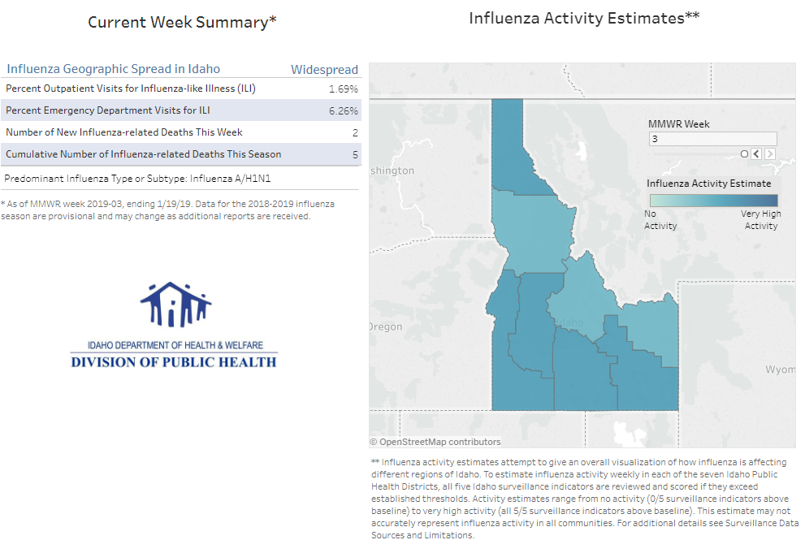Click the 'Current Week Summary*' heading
182,22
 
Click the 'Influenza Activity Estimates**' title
584,17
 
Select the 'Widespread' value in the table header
324,69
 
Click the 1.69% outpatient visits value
344,89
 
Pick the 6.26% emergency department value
344,110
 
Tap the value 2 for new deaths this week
355,132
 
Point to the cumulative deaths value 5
355,154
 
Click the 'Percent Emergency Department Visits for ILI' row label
107,110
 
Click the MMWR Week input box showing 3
712,139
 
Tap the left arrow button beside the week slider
756,153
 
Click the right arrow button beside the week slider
770,153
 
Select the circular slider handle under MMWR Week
744,153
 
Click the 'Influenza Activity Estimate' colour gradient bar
712,200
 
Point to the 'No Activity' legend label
660,220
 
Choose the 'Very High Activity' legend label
761,220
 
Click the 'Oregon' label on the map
385,326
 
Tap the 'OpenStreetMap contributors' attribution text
439,442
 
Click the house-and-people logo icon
175,305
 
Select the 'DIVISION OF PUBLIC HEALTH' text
174,362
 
